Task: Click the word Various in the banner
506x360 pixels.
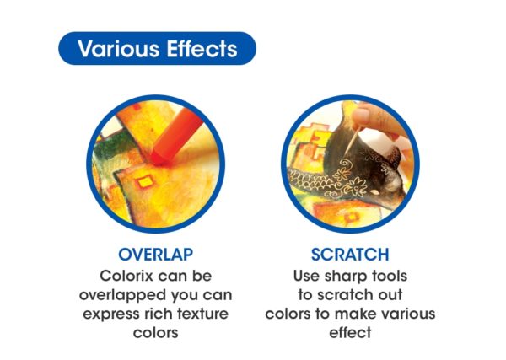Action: click(118, 49)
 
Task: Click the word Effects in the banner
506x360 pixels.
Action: click(202, 49)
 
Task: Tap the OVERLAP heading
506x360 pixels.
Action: click(156, 255)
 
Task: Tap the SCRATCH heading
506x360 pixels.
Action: click(350, 255)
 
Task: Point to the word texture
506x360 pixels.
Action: click(202, 314)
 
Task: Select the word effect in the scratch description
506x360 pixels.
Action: click(350, 332)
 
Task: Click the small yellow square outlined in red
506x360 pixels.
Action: click(145, 182)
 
